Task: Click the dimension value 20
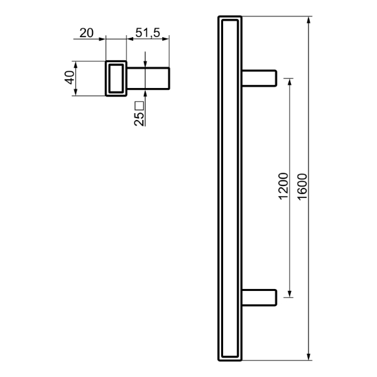(x=86, y=33)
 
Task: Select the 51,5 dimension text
(x=148, y=33)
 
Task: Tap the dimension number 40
(x=70, y=77)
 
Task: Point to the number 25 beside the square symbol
(x=139, y=119)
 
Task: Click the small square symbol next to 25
(x=139, y=106)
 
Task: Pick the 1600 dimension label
(x=302, y=187)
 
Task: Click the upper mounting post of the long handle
(x=259, y=78)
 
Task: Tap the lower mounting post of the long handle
(x=259, y=298)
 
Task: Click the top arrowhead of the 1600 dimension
(x=309, y=20)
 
